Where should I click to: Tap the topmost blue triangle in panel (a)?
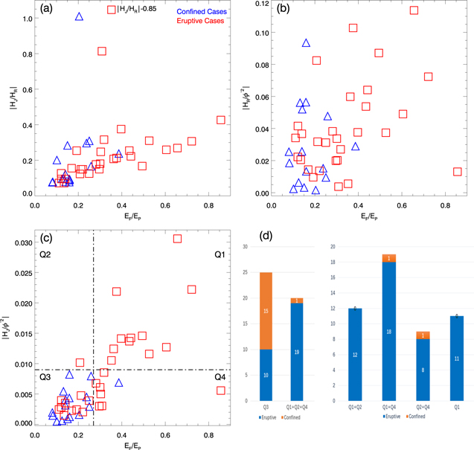click(x=80, y=16)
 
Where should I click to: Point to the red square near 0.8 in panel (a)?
click(x=102, y=51)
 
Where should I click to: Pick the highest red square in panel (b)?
click(x=414, y=10)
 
